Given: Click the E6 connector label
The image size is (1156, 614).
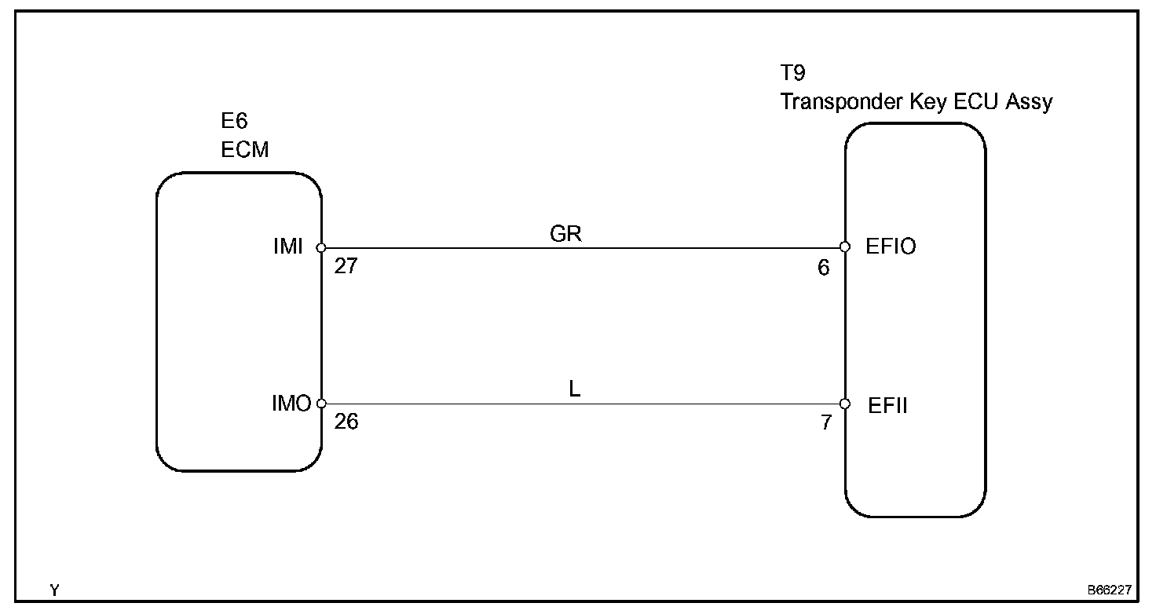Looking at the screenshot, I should (x=233, y=121).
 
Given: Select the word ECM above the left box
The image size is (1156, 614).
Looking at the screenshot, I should (x=244, y=150).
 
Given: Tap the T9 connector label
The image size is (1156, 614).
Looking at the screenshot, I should (x=793, y=75).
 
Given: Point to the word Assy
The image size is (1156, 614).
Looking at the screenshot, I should (x=1029, y=102).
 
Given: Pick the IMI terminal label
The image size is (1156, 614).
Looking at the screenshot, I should (x=288, y=247).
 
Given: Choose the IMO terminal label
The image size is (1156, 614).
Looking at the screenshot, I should (x=291, y=404).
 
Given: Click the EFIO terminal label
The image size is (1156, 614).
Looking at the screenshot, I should (x=891, y=247).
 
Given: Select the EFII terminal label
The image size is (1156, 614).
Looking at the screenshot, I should (x=888, y=406).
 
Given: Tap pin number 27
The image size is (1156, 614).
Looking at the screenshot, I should (x=346, y=266).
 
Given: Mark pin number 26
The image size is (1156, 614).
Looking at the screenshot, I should (x=346, y=422).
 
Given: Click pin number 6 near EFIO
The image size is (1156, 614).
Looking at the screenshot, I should (x=823, y=268).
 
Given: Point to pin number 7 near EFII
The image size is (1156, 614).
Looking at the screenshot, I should (x=825, y=423).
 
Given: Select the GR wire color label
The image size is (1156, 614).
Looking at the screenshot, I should (x=566, y=234).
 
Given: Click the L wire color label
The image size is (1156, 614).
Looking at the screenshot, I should (x=575, y=390).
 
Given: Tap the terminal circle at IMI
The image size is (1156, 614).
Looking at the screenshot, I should (x=321, y=248).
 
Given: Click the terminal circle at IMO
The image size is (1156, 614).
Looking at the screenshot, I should (x=321, y=404).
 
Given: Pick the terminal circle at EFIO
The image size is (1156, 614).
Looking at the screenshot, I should (x=845, y=247).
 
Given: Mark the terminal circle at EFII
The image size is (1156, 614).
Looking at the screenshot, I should (x=845, y=404).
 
